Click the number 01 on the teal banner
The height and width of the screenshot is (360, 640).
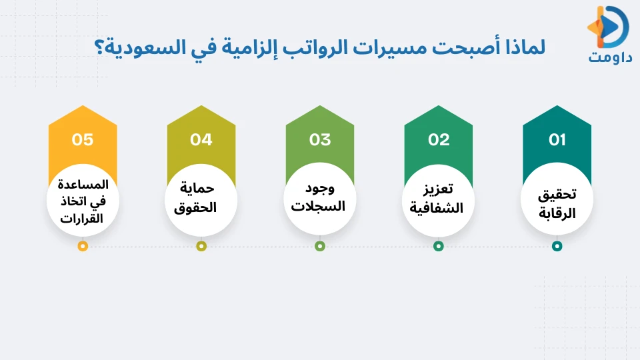point(557,140)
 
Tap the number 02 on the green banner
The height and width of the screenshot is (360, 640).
point(439,140)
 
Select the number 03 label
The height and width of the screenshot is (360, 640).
point(320,140)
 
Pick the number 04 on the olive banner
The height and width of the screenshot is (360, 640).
point(201,140)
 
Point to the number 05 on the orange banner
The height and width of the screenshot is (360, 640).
point(83,140)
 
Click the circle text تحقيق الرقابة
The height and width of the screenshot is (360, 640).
point(557,204)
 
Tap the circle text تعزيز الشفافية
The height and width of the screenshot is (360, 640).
point(439,199)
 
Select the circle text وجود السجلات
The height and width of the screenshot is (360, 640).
point(320,197)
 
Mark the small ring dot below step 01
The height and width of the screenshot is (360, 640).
point(557,246)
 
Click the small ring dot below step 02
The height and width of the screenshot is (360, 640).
point(439,246)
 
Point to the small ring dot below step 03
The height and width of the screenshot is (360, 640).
point(320,246)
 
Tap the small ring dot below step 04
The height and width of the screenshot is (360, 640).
point(201,246)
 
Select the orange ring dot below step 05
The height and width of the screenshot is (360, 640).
point(83,246)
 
